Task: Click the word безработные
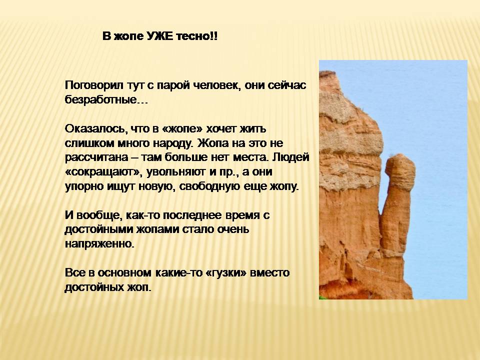[x=106, y=100]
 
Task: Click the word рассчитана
[x=96, y=158]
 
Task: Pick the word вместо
[x=269, y=273]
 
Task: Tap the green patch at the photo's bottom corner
[x=322, y=297]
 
